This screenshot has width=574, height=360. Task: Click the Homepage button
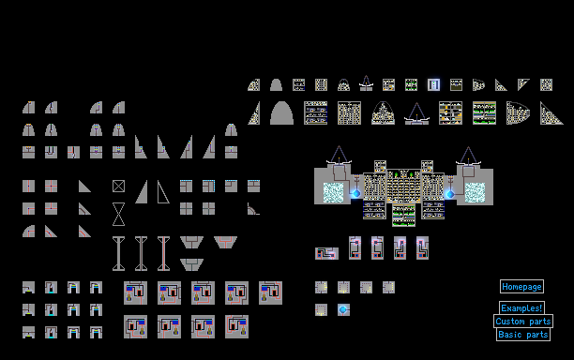[521, 287]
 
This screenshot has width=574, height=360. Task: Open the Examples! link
[521, 308]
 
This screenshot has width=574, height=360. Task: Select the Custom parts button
[523, 322]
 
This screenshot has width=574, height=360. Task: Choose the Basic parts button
[523, 335]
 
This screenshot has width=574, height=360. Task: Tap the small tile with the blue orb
[343, 310]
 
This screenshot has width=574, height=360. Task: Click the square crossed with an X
[118, 187]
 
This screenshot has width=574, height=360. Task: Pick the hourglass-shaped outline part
[118, 214]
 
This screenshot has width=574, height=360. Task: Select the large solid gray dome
[282, 113]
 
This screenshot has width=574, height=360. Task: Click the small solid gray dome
[276, 85]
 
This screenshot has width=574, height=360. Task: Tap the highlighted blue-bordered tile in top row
[434, 85]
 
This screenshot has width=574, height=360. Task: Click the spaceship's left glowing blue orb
[355, 193]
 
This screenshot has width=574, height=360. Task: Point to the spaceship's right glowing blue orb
[450, 194]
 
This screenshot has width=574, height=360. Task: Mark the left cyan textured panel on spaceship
[333, 193]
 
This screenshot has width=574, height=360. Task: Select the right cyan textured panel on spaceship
[475, 193]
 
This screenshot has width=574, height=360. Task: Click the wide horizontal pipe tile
[327, 253]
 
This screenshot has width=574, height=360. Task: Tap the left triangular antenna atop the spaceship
[339, 155]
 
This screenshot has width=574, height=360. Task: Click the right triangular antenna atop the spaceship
[468, 155]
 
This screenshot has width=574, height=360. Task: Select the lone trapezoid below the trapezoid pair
[192, 264]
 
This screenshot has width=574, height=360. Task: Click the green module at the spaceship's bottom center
[404, 215]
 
